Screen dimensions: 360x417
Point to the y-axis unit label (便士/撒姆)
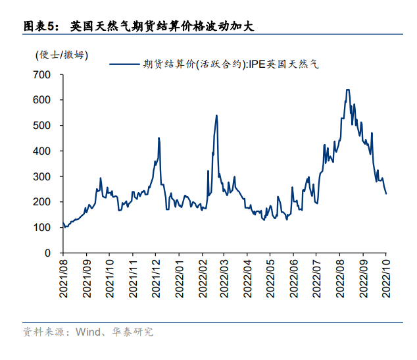[x=62, y=55]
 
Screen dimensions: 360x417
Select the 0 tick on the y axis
[x=47, y=253]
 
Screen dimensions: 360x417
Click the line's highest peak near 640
[x=347, y=90]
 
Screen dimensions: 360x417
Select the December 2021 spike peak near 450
[x=159, y=138]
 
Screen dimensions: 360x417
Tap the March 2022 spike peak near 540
[x=217, y=115]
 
